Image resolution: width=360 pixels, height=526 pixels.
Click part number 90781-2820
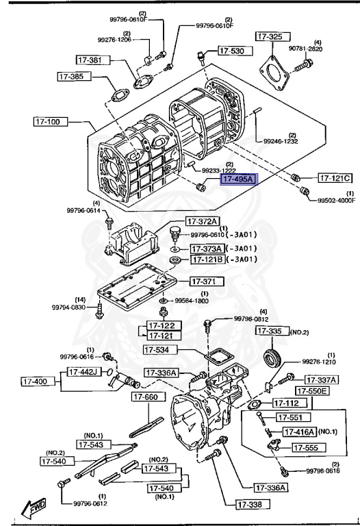(326, 49)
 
